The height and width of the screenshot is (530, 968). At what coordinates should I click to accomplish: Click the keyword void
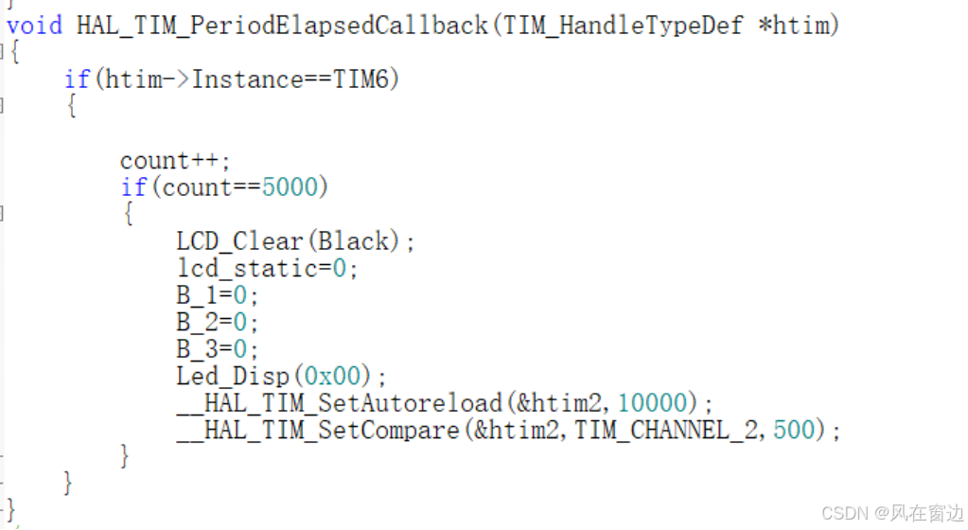[34, 26]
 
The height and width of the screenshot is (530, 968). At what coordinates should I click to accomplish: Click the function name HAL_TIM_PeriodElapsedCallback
[281, 26]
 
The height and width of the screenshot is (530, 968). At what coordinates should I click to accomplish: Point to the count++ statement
[175, 160]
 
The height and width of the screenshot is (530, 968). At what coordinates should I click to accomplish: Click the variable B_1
[197, 295]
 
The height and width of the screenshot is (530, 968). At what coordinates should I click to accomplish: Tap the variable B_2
[197, 322]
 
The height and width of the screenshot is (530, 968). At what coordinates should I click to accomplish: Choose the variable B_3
[197, 348]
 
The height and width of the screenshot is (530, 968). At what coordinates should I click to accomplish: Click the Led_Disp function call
[232, 376]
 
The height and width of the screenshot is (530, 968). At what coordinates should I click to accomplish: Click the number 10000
[652, 403]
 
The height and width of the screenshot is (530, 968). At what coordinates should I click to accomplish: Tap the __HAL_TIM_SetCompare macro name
[317, 431]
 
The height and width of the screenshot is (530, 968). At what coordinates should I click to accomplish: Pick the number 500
[793, 431]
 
